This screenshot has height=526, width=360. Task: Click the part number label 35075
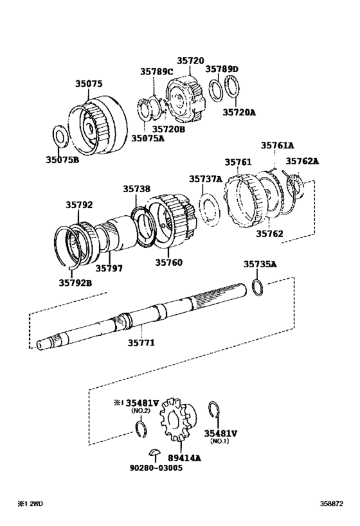click(x=89, y=84)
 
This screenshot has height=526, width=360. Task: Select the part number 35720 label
click(x=190, y=60)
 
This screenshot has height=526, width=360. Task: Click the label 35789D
click(x=222, y=69)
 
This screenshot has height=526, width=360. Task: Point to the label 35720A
click(x=239, y=112)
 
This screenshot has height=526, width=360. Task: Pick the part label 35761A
click(x=277, y=145)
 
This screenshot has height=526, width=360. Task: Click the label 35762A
click(x=302, y=161)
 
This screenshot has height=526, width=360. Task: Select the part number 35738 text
click(x=137, y=189)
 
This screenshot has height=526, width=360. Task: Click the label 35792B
click(x=76, y=283)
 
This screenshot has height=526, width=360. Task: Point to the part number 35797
click(x=109, y=268)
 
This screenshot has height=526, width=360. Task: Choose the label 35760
click(x=168, y=262)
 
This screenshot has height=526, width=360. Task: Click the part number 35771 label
click(x=141, y=342)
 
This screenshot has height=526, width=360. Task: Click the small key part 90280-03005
click(x=155, y=452)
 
